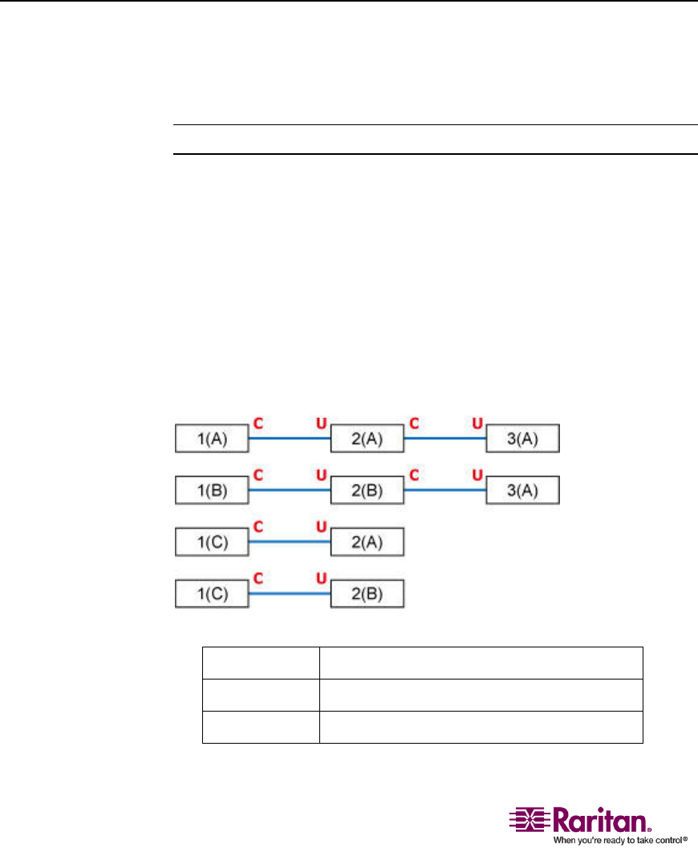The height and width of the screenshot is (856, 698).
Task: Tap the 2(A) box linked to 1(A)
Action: (368, 440)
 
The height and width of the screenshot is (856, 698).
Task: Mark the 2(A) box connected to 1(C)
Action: (368, 542)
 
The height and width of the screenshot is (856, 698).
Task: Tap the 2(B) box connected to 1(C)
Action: (368, 594)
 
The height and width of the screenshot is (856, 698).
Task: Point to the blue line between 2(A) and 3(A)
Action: (445, 440)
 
